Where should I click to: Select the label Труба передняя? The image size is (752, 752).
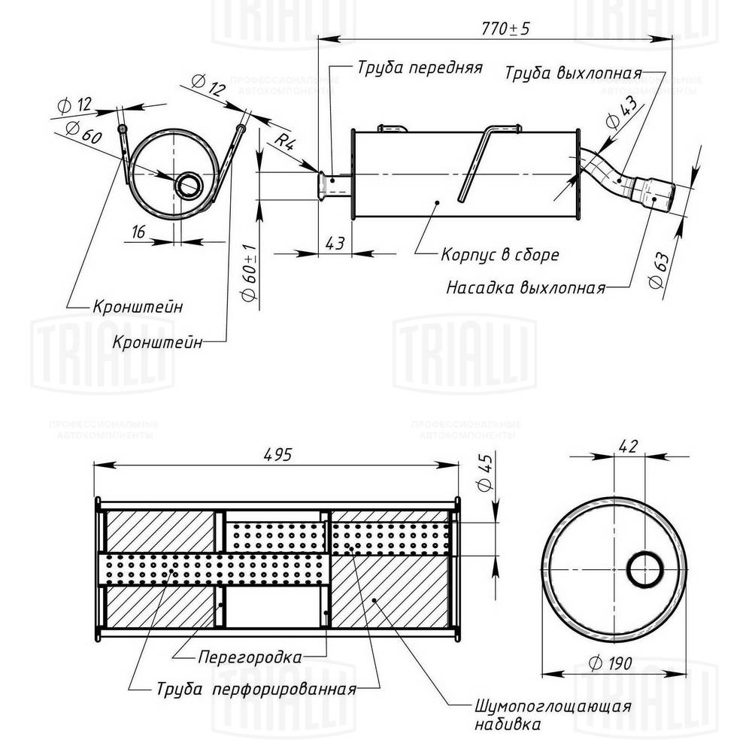pos(419,67)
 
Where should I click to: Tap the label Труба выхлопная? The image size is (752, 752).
pos(572,74)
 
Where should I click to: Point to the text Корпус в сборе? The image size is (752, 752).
pos(499,255)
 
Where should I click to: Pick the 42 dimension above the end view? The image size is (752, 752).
pos(629,445)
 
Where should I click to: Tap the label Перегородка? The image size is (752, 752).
pos(250,656)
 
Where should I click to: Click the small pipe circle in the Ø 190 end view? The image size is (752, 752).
pos(644,569)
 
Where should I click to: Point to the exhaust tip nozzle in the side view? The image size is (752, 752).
pos(653,191)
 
